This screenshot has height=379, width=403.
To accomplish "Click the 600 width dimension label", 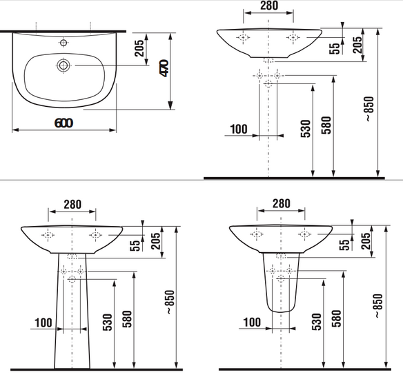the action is pos(63,123).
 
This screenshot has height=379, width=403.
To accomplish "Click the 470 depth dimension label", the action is pos(164,68).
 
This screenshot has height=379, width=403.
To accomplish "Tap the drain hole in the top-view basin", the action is pos(63,65).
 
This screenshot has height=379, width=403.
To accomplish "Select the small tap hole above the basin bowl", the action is pos(63,43).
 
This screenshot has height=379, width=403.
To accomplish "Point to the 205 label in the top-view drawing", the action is pos(139,48).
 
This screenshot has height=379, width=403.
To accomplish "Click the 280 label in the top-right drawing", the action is pos(269,6).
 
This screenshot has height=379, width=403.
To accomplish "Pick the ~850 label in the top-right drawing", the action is pos(370,109).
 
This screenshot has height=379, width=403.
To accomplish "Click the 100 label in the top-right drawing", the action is pos(239,130).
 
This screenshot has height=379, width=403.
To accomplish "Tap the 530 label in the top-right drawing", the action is pos(306,129).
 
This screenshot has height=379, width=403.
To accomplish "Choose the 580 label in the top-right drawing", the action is pos(326,125).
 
